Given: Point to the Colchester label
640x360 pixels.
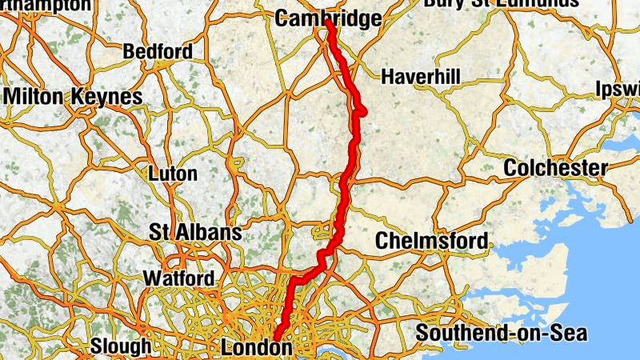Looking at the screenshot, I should [x=555, y=169].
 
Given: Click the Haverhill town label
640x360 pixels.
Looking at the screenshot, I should [x=421, y=77].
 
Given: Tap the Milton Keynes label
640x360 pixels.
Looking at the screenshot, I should [x=73, y=97].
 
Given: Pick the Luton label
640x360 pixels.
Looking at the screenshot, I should [x=173, y=173].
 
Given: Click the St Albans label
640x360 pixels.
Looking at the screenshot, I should [x=195, y=233].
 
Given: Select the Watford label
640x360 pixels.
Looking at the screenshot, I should [x=178, y=278].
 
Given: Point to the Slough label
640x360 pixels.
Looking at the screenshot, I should [x=120, y=346].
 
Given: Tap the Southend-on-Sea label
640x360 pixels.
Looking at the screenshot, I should [x=501, y=333].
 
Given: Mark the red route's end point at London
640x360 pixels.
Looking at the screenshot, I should [x=277, y=339].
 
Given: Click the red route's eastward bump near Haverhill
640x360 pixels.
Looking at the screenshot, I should [x=362, y=111].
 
